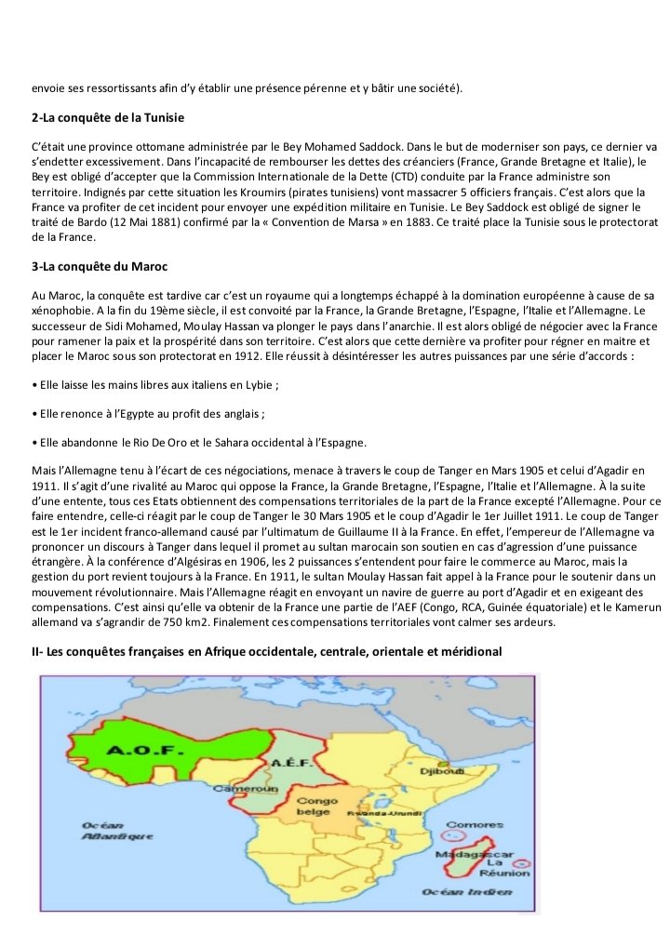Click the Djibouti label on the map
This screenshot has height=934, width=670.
442,772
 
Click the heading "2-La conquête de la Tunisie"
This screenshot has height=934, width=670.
109,118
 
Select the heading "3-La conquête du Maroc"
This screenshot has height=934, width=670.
99,267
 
